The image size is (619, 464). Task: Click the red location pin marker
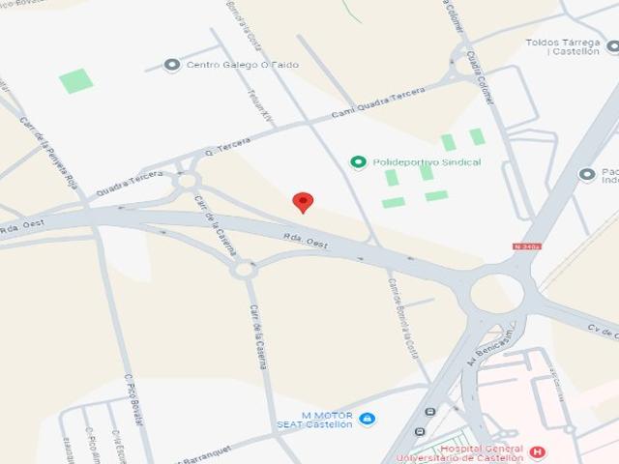click(304, 201)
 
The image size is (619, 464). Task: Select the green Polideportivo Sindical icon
click(358, 162)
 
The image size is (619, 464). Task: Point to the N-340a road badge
click(528, 246)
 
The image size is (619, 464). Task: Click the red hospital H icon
click(538, 451)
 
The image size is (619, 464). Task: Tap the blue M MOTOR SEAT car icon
click(367, 419)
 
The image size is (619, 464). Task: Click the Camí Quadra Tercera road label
click(378, 103)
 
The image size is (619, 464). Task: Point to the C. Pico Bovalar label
click(134, 399)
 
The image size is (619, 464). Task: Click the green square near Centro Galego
click(75, 80)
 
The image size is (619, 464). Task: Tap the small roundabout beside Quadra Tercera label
click(187, 180)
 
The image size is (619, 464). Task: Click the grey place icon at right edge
click(586, 174)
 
